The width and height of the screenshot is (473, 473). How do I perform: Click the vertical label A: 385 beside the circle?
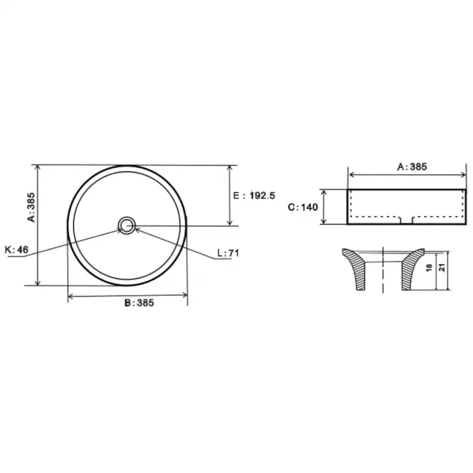click(31, 207)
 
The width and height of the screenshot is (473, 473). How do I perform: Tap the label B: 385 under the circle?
click(139, 302)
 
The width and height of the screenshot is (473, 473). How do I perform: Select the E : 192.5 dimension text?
click(254, 196)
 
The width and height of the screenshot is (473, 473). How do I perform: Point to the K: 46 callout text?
click(16, 250)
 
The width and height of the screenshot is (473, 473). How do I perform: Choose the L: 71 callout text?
click(228, 253)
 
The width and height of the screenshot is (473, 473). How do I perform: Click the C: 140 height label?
click(303, 207)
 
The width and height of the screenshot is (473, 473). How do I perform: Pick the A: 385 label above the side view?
click(412, 167)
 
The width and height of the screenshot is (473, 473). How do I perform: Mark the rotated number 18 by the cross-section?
click(429, 267)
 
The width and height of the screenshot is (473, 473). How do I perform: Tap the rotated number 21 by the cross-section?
click(442, 267)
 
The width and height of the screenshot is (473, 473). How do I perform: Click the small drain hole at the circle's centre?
click(127, 225)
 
